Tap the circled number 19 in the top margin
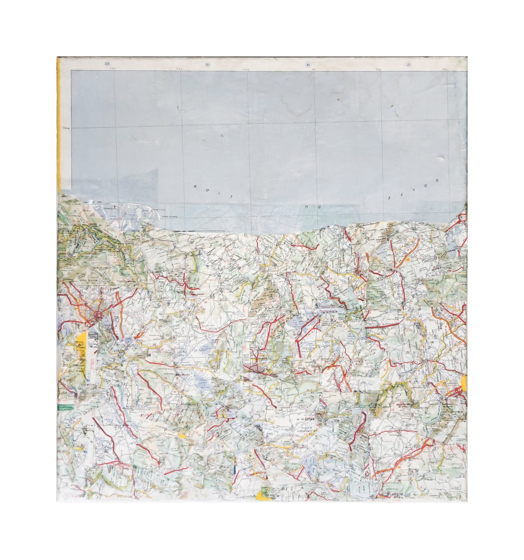point(207,64)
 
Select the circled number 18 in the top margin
point(308,64)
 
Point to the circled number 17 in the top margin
point(408,64)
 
